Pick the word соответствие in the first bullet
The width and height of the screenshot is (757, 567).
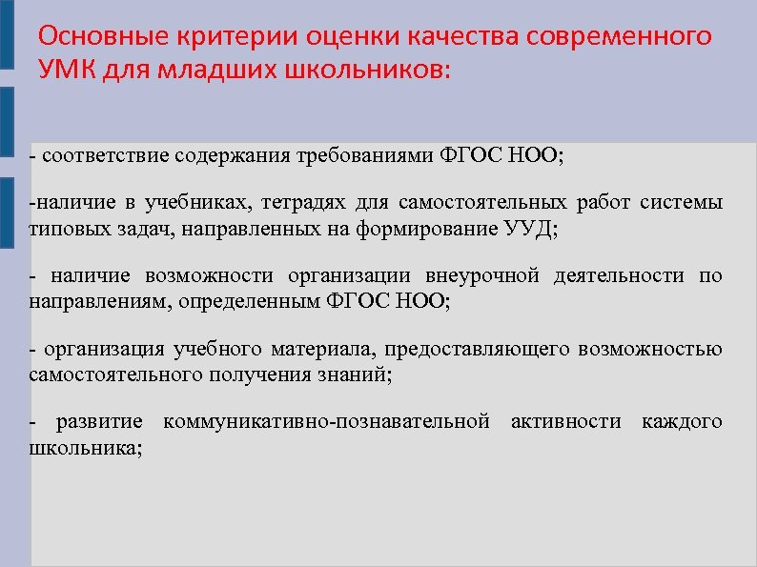[93, 155]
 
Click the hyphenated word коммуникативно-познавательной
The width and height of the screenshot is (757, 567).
[326, 421]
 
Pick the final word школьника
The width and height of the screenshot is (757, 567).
[86, 447]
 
